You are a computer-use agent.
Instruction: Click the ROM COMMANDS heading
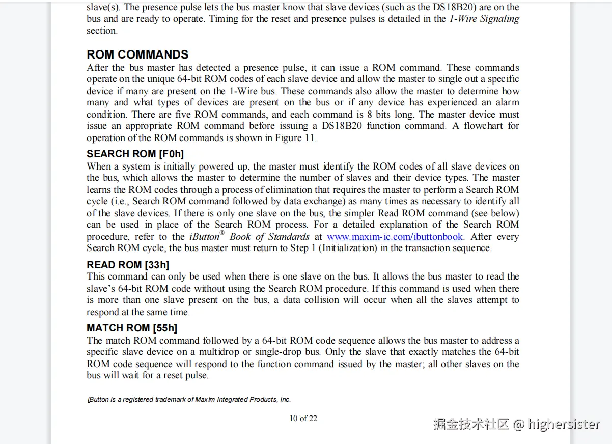pos(137,55)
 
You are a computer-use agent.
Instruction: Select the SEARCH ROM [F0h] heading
pos(135,154)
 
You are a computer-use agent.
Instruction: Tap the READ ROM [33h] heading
pos(128,265)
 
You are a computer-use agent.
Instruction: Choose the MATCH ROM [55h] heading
pos(132,328)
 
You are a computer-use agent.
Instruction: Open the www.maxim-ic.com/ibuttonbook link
pos(395,237)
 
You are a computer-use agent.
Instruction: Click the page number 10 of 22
pos(303,419)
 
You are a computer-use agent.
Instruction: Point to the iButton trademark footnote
pos(189,400)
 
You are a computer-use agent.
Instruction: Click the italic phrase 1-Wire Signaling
pos(484,19)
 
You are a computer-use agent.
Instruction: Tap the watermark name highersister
pos(564,424)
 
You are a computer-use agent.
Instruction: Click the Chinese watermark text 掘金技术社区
pos(471,424)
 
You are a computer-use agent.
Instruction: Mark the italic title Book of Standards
pos(269,237)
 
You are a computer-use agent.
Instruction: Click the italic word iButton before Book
pos(204,237)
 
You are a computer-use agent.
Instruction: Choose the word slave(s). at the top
pos(103,7)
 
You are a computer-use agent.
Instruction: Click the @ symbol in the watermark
pos(518,424)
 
